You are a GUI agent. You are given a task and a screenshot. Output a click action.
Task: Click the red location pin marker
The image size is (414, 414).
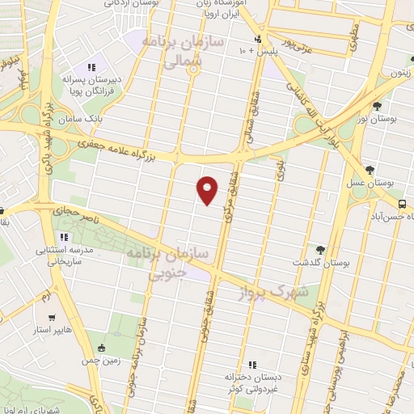(208, 189)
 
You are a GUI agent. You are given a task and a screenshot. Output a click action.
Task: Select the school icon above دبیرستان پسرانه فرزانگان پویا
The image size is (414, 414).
(91, 66)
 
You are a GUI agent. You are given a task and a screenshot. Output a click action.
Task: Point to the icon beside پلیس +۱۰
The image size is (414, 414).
(258, 39)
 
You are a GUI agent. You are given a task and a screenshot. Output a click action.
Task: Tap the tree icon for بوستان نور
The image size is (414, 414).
(376, 106)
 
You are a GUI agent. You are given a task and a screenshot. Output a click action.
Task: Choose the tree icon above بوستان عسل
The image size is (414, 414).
(370, 170)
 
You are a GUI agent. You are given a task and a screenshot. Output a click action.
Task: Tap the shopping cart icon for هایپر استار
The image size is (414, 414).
(52, 318)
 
